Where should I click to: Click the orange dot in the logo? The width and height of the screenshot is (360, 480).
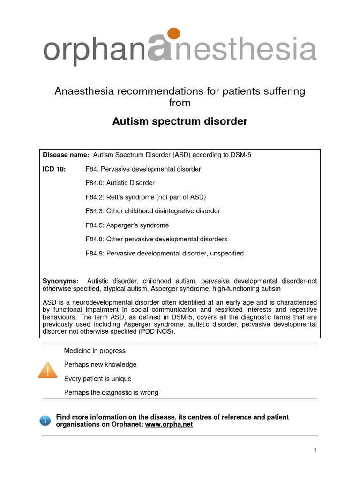[x=173, y=34]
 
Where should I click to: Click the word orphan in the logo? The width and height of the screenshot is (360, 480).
[x=94, y=51]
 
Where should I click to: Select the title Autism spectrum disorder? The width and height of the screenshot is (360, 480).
[x=180, y=122]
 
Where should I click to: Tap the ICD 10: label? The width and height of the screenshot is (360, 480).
[x=54, y=169]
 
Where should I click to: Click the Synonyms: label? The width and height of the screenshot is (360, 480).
[x=60, y=281]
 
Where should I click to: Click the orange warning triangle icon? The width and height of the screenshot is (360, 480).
[x=47, y=371]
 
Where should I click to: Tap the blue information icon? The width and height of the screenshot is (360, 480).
[x=45, y=420]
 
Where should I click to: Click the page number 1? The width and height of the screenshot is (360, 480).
[x=315, y=450]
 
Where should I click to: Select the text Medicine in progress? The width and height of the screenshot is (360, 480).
[x=95, y=350]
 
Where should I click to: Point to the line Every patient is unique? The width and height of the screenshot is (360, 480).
[x=97, y=378]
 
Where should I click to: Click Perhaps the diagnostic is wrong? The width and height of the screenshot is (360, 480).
[x=111, y=392]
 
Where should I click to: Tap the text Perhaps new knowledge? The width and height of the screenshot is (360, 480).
[x=100, y=364]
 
